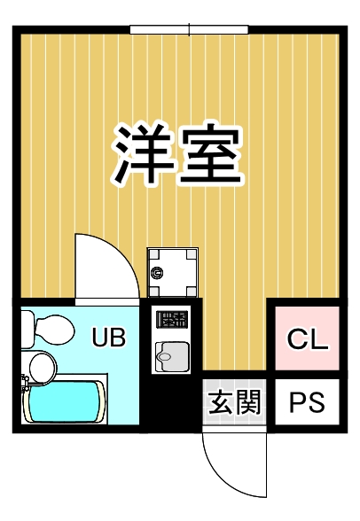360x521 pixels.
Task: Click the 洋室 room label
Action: click(x=178, y=153)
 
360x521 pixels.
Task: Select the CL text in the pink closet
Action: click(x=308, y=338)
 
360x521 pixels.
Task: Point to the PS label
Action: click(x=308, y=403)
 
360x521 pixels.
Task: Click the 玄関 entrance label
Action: click(x=235, y=403)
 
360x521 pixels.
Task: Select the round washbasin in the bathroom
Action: click(x=40, y=365)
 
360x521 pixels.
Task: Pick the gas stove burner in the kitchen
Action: click(x=171, y=318)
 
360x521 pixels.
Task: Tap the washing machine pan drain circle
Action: click(x=158, y=272)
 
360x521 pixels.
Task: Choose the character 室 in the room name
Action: click(x=213, y=153)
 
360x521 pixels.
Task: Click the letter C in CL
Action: click(x=296, y=338)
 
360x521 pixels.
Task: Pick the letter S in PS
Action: click(x=317, y=403)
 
